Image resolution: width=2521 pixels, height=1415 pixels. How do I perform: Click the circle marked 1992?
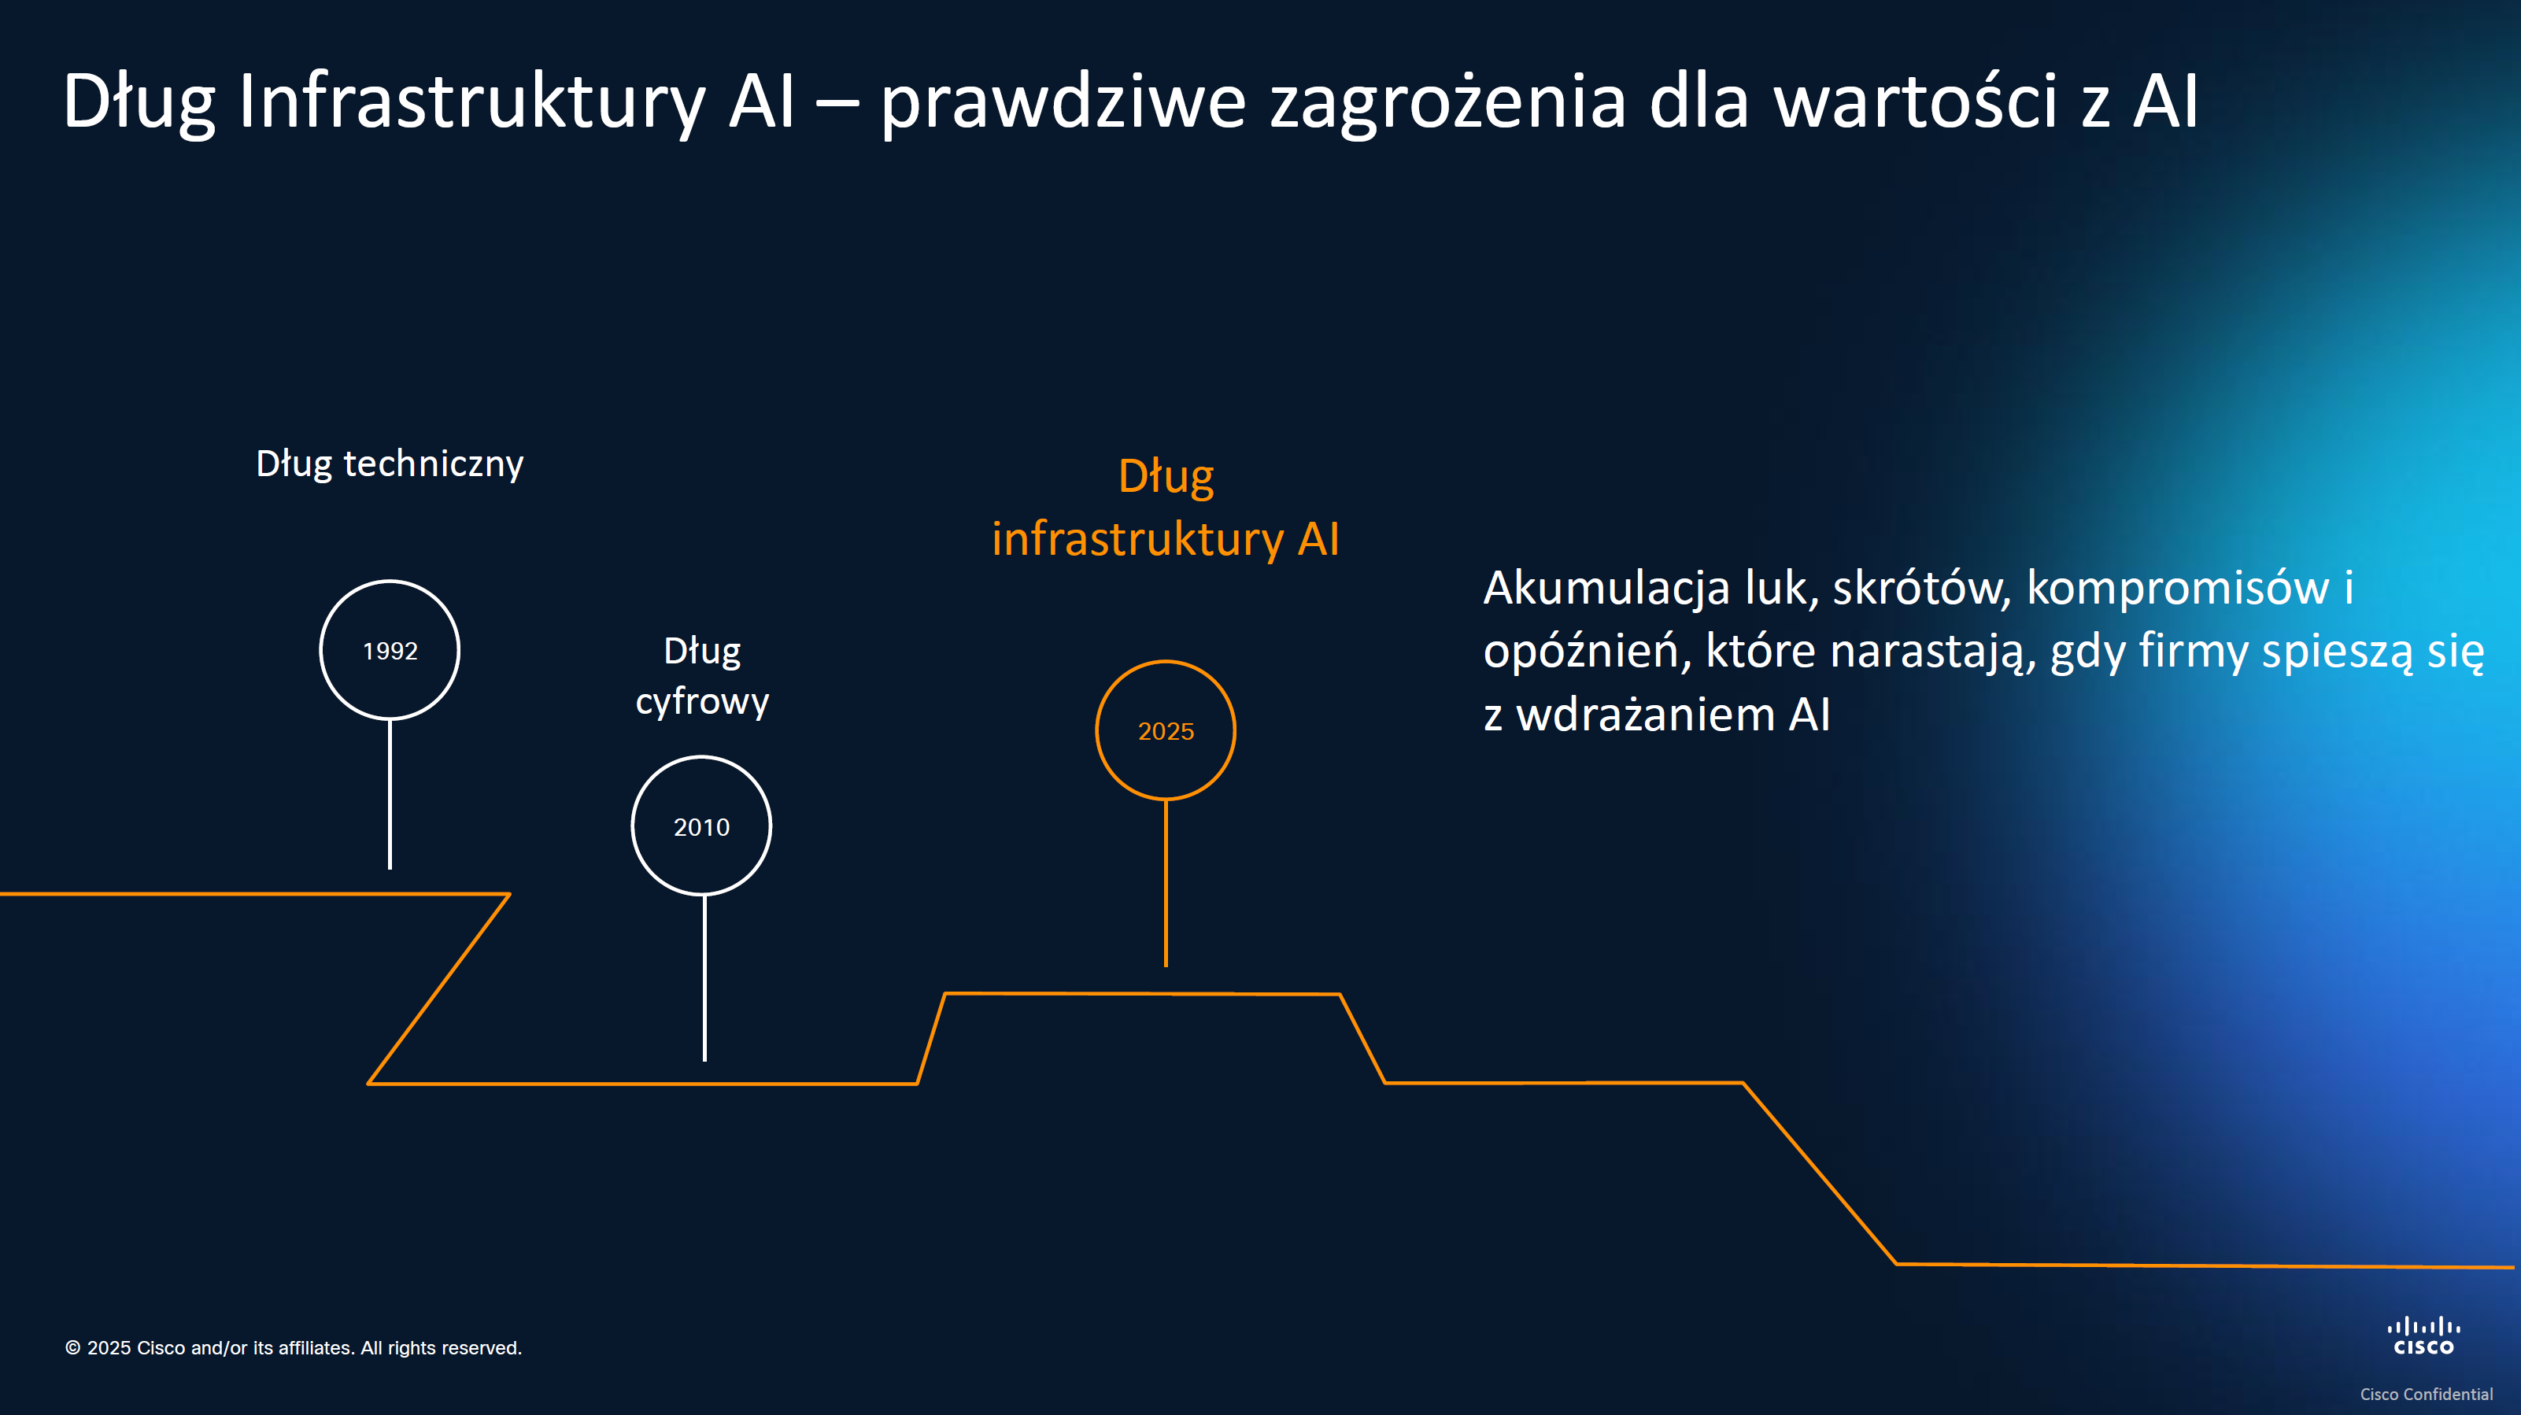tap(390, 650)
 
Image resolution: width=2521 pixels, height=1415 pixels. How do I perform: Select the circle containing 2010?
tap(702, 826)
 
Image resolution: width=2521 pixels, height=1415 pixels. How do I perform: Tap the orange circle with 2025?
tap(1166, 730)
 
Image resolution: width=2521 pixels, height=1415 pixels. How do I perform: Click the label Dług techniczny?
tap(390, 463)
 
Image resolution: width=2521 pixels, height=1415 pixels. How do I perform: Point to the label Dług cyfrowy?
tap(702, 675)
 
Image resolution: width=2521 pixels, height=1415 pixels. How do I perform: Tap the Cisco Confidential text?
tap(2426, 1394)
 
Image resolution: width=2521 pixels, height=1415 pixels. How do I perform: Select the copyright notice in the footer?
tap(294, 1347)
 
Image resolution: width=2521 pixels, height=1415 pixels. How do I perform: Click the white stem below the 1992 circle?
tap(390, 793)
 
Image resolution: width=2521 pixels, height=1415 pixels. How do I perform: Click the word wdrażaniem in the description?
tap(1645, 715)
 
